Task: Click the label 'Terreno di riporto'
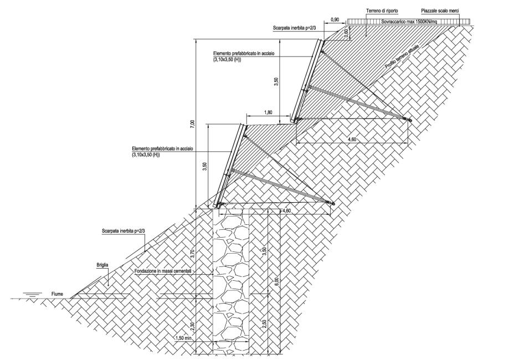[380, 11]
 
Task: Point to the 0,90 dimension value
[335, 20]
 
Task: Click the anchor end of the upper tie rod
[410, 120]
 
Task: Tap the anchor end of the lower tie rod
[333, 203]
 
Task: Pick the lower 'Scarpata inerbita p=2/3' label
[121, 229]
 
